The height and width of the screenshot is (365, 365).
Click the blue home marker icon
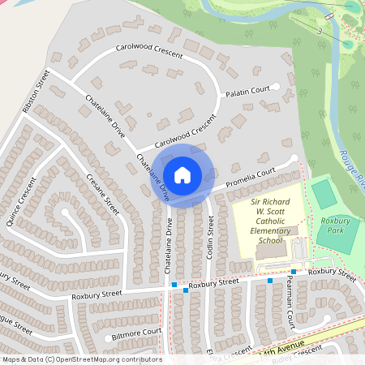coord(182,174)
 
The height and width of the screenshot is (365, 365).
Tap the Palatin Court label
coord(247,90)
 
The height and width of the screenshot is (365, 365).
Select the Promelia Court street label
coord(251,178)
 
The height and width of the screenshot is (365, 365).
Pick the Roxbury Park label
coord(334,225)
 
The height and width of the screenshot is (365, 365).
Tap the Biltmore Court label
coord(137,333)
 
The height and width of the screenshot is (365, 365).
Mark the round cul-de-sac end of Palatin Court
coord(276,86)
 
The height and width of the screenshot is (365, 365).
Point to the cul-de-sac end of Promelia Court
coord(294,159)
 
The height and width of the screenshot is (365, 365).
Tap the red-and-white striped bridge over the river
coord(329,17)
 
